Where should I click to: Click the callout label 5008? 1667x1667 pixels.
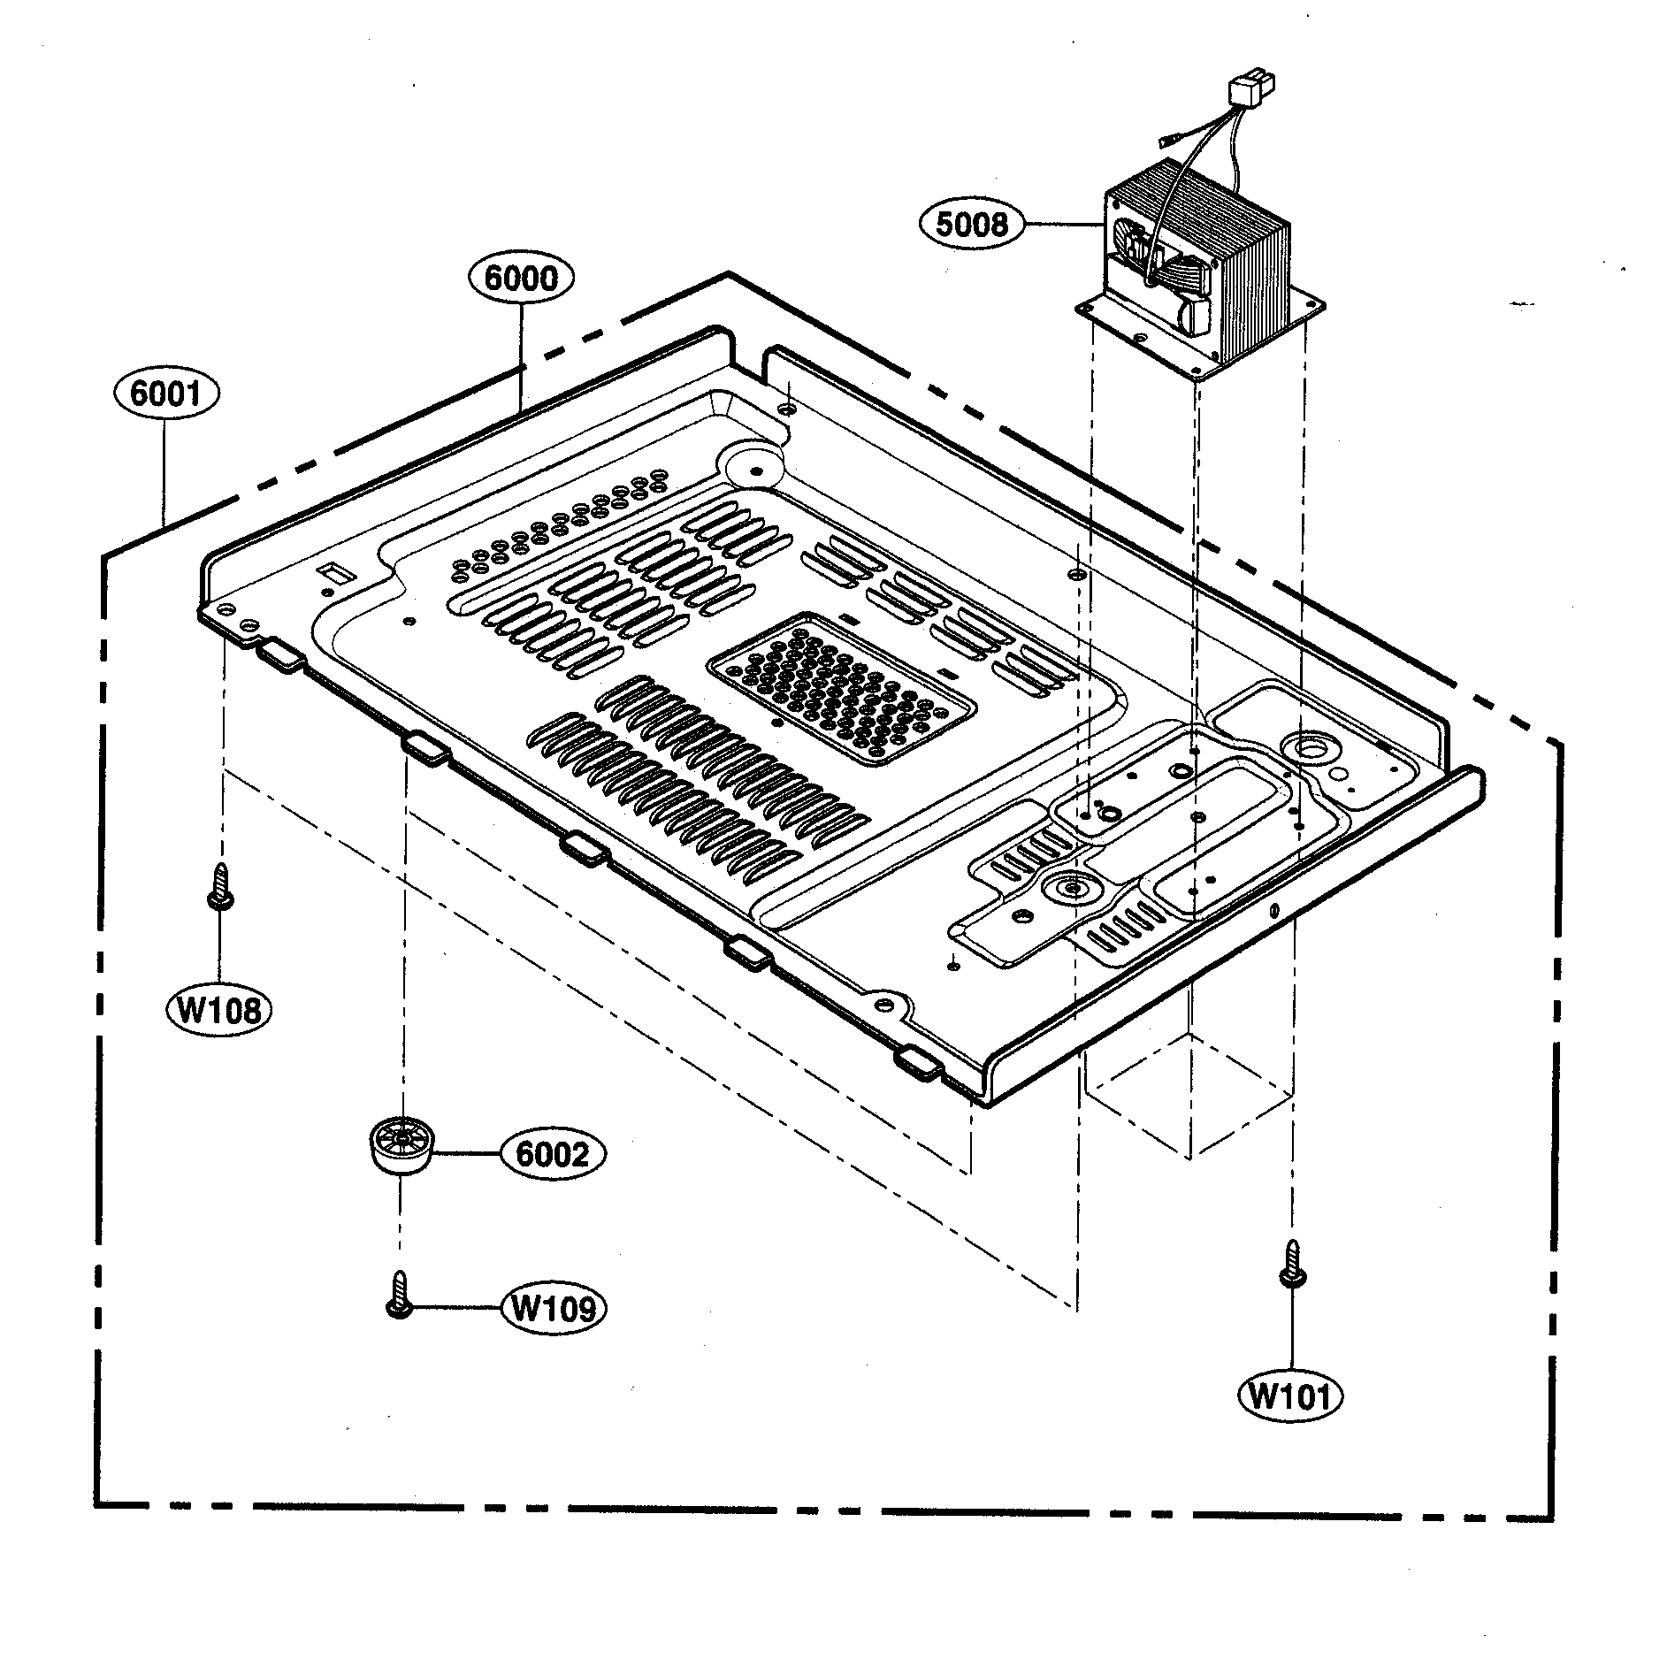971,225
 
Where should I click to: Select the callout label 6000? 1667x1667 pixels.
521,279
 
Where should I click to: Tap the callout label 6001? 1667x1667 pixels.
165,393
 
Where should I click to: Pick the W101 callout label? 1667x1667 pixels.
1290,1396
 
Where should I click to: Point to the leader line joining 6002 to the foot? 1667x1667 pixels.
466,1153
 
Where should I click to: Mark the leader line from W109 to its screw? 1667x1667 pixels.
455,1306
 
